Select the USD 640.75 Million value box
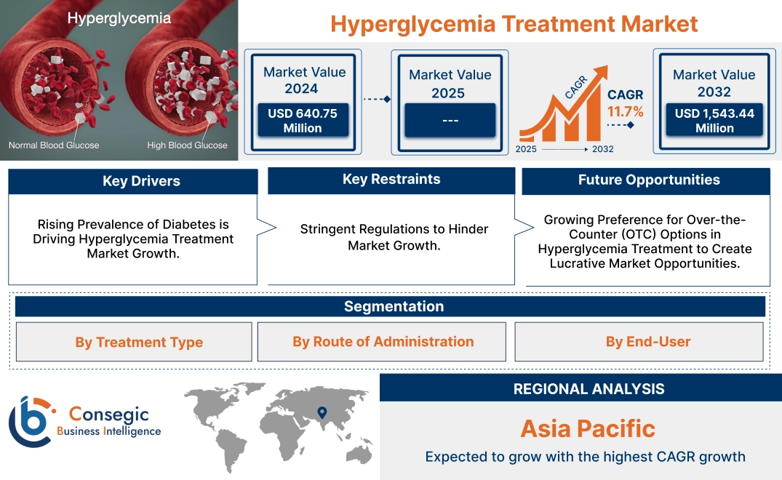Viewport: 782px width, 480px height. point(302,120)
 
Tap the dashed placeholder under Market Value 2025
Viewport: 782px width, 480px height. point(450,120)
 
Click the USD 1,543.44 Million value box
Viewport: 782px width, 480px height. point(714,120)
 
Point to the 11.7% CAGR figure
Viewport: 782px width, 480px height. point(626,112)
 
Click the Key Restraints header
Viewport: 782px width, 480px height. point(391,180)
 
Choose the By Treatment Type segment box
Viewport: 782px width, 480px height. point(139,342)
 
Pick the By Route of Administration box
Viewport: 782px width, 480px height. point(383,341)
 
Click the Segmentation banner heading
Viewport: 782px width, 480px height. point(394,306)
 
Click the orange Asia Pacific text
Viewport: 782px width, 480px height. point(588,428)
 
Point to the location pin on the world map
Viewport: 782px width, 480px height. point(321,414)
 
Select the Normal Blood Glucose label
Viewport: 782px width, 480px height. point(54,145)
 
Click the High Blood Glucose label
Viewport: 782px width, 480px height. point(187,145)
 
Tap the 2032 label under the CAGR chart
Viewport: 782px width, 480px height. point(602,148)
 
